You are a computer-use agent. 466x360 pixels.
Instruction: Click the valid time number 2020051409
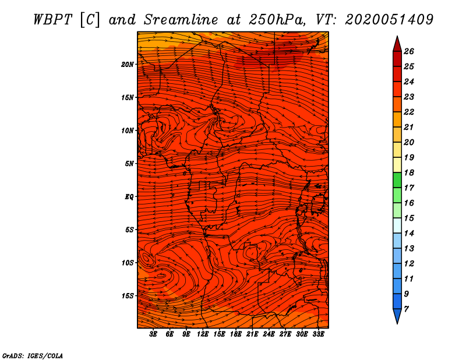[x=389, y=19]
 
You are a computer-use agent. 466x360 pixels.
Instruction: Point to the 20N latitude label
[x=128, y=64]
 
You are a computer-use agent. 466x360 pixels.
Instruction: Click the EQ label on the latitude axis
[x=129, y=196]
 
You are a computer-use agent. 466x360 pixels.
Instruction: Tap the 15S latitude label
[x=128, y=295]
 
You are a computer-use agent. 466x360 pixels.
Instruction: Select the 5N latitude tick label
[x=129, y=163]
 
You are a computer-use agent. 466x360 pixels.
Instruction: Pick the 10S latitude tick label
[x=128, y=263]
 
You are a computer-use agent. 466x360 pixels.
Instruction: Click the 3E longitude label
[x=154, y=335]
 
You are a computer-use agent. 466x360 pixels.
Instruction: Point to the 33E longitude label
[x=318, y=335]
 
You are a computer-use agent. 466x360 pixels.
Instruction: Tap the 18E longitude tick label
[x=236, y=335]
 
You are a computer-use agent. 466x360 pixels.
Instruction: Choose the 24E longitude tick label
[x=269, y=335]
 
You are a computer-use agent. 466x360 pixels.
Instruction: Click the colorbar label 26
[x=409, y=51]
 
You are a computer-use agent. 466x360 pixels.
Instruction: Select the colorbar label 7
[x=406, y=308]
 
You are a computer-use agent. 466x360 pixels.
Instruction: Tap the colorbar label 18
[x=409, y=172]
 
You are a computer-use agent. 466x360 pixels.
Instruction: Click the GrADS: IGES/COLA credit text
[x=33, y=355]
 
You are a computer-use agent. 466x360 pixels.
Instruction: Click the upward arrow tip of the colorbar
[x=397, y=37]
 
